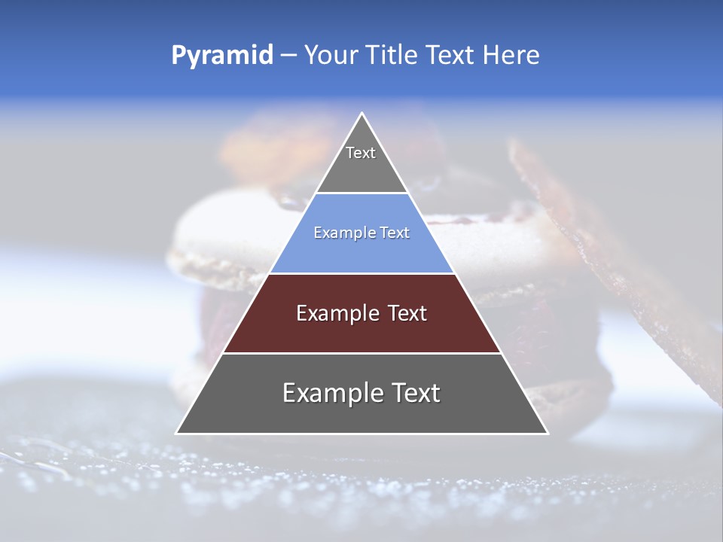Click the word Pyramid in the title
[222, 56]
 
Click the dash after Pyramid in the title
[288, 56]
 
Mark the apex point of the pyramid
[361, 114]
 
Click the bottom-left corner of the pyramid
[176, 433]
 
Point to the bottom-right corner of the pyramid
[548, 433]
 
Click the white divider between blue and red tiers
[361, 273]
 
